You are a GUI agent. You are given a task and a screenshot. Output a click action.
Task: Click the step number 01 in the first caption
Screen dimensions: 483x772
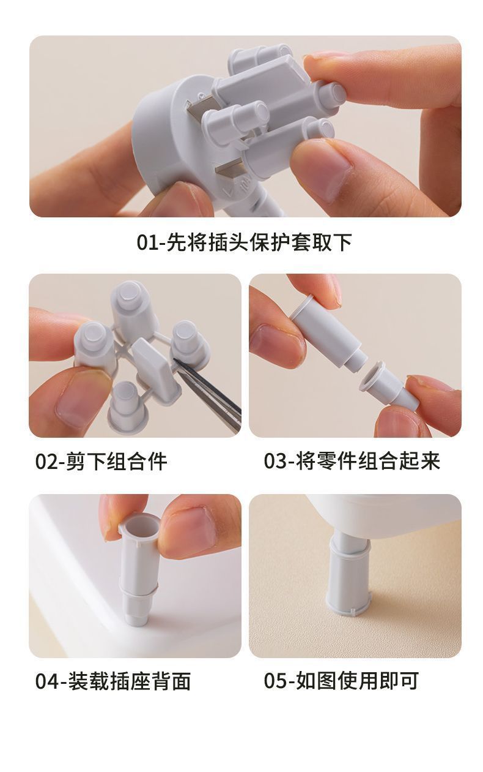(x=149, y=242)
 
